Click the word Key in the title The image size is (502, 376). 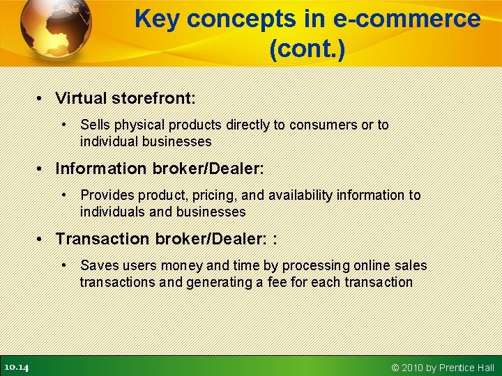click(157, 19)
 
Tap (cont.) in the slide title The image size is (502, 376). click(307, 49)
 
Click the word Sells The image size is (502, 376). click(95, 125)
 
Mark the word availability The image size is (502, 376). click(301, 196)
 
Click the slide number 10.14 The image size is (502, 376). click(16, 367)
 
